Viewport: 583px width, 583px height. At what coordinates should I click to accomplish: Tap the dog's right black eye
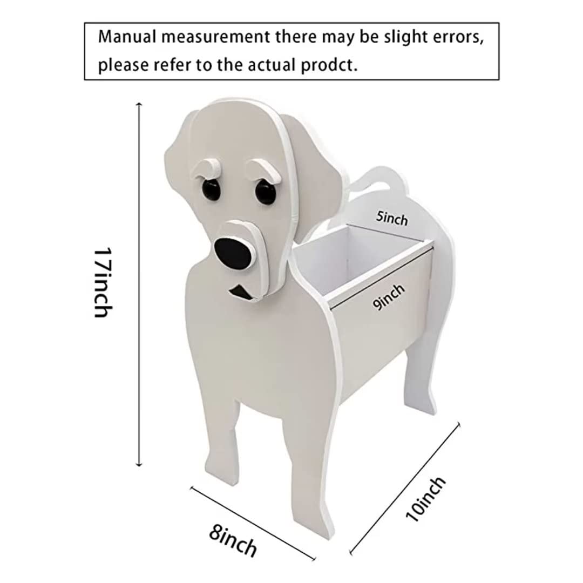(266, 193)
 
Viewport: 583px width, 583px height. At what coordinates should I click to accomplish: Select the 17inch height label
(103, 282)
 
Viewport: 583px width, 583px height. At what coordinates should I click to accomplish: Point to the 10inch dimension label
(425, 499)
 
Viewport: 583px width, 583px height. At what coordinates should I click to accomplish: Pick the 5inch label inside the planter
(391, 218)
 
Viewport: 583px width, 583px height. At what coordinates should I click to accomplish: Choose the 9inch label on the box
(389, 296)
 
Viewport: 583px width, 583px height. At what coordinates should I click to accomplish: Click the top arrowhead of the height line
(139, 105)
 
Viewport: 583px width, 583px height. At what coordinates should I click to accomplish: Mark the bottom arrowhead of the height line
(139, 463)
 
